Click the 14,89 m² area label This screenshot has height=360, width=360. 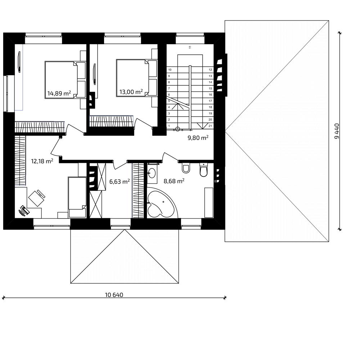(59, 93)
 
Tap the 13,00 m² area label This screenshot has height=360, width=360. (131, 92)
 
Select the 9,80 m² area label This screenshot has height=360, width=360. (198, 138)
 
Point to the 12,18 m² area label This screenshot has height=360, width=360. (42, 161)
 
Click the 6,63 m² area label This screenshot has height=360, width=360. (120, 181)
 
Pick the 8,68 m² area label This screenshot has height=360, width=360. (174, 181)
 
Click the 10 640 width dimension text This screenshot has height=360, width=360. (114, 295)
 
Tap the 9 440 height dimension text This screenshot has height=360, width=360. (337, 131)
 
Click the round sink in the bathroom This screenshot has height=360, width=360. (152, 173)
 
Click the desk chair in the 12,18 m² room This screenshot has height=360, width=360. (37, 198)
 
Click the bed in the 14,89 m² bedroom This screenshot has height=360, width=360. (66, 80)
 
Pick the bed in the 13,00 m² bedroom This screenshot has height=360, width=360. (137, 78)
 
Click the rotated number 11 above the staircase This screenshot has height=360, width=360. (190, 47)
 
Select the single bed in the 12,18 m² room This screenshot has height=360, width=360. (77, 197)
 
